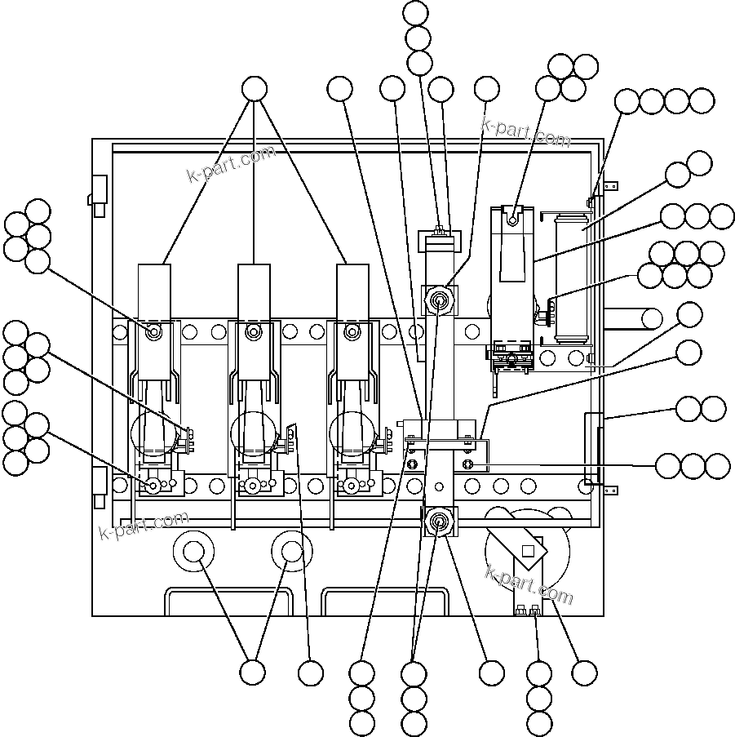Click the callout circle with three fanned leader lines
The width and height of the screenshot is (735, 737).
click(x=255, y=89)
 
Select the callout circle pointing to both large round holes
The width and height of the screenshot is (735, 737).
click(x=253, y=673)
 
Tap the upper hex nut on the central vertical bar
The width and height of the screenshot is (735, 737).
click(x=440, y=299)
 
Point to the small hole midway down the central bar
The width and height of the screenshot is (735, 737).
click(x=439, y=487)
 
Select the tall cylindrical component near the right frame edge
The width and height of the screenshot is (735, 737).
click(x=570, y=277)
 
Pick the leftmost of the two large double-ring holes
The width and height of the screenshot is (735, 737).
click(x=193, y=553)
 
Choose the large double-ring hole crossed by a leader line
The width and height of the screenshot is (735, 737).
click(x=292, y=553)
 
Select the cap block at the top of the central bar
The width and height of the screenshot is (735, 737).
click(x=440, y=242)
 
